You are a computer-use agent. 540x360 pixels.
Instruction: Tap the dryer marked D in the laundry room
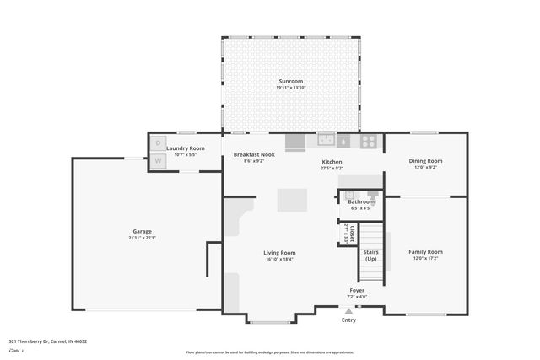click(x=158, y=143)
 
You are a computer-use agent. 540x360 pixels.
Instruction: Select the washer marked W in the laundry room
click(x=158, y=160)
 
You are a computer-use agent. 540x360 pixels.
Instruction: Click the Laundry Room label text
click(x=185, y=148)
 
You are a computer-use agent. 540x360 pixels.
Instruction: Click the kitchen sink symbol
click(x=327, y=141)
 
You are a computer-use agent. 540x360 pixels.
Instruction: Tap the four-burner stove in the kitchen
click(x=369, y=142)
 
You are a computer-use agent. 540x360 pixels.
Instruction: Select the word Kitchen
click(x=332, y=162)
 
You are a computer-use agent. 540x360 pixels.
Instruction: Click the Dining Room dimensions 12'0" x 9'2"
click(x=425, y=167)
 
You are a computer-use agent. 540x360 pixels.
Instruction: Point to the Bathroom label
click(x=361, y=201)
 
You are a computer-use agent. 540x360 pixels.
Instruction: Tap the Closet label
click(x=347, y=233)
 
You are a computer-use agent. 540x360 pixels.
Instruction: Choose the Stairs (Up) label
click(x=370, y=255)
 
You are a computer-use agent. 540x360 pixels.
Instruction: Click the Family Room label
click(x=425, y=251)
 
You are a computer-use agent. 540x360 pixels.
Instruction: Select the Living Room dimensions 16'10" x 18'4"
click(x=279, y=259)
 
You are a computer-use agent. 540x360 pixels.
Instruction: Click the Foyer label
click(x=357, y=290)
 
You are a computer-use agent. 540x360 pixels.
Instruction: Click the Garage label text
click(x=142, y=231)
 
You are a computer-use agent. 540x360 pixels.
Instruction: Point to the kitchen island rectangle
click(x=293, y=200)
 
